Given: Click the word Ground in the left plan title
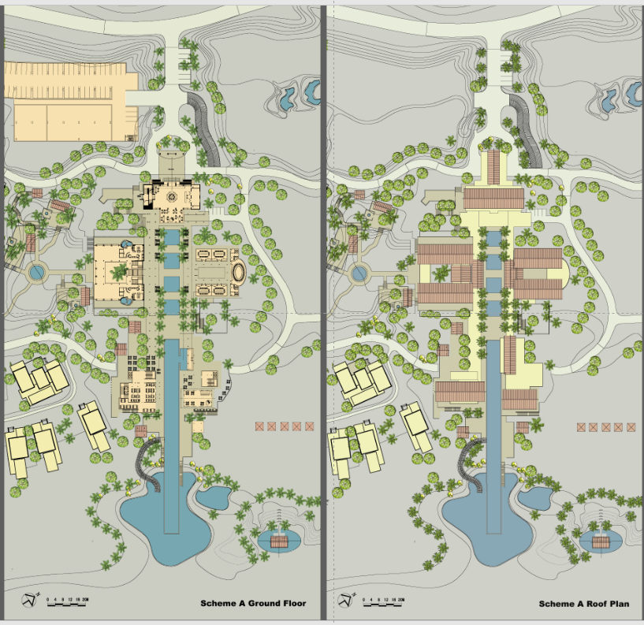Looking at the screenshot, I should (x=254, y=604).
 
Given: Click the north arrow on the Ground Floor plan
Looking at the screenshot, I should (x=30, y=600).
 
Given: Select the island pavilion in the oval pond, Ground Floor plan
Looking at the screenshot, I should (x=277, y=541).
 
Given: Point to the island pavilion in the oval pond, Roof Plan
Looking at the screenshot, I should (x=603, y=541).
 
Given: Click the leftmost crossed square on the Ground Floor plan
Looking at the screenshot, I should (x=259, y=426).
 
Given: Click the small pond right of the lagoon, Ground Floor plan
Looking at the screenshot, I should (x=213, y=497).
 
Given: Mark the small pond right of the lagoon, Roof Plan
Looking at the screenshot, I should (x=538, y=497).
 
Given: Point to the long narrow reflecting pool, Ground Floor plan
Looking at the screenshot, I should (x=171, y=426).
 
